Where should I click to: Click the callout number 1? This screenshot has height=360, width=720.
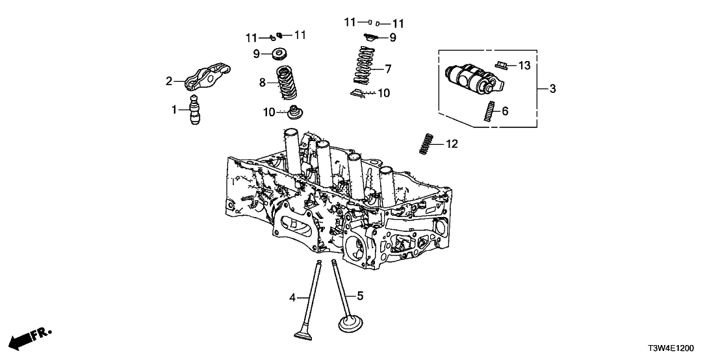point(174,110)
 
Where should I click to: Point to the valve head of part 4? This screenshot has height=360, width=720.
point(302,334)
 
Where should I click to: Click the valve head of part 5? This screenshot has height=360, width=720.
point(351,323)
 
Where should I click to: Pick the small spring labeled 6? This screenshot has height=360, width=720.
point(488,112)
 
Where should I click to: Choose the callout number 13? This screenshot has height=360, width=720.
point(524,65)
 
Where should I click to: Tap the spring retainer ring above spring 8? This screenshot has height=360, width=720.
point(283,53)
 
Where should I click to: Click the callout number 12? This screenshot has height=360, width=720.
point(452,144)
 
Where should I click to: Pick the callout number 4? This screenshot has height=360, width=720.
point(292,298)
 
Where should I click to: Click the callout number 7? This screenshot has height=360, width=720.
point(388,68)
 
